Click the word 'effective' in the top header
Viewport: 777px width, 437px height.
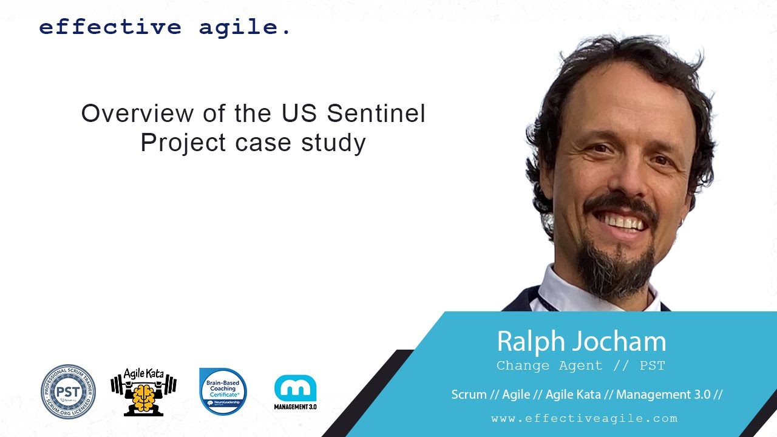click(x=110, y=27)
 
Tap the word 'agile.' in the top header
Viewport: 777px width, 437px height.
click(x=245, y=28)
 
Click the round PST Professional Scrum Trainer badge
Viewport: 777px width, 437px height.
click(x=68, y=391)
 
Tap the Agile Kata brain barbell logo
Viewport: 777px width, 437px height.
click(x=143, y=391)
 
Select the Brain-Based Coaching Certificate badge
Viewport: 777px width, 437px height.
click(x=223, y=391)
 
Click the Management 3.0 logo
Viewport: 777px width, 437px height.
click(x=295, y=392)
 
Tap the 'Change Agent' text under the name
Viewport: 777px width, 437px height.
click(x=549, y=365)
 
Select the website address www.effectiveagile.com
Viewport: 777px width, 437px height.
click(x=584, y=418)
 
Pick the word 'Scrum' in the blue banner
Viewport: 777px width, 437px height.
click(x=469, y=395)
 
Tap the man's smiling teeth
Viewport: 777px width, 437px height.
click(x=619, y=221)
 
